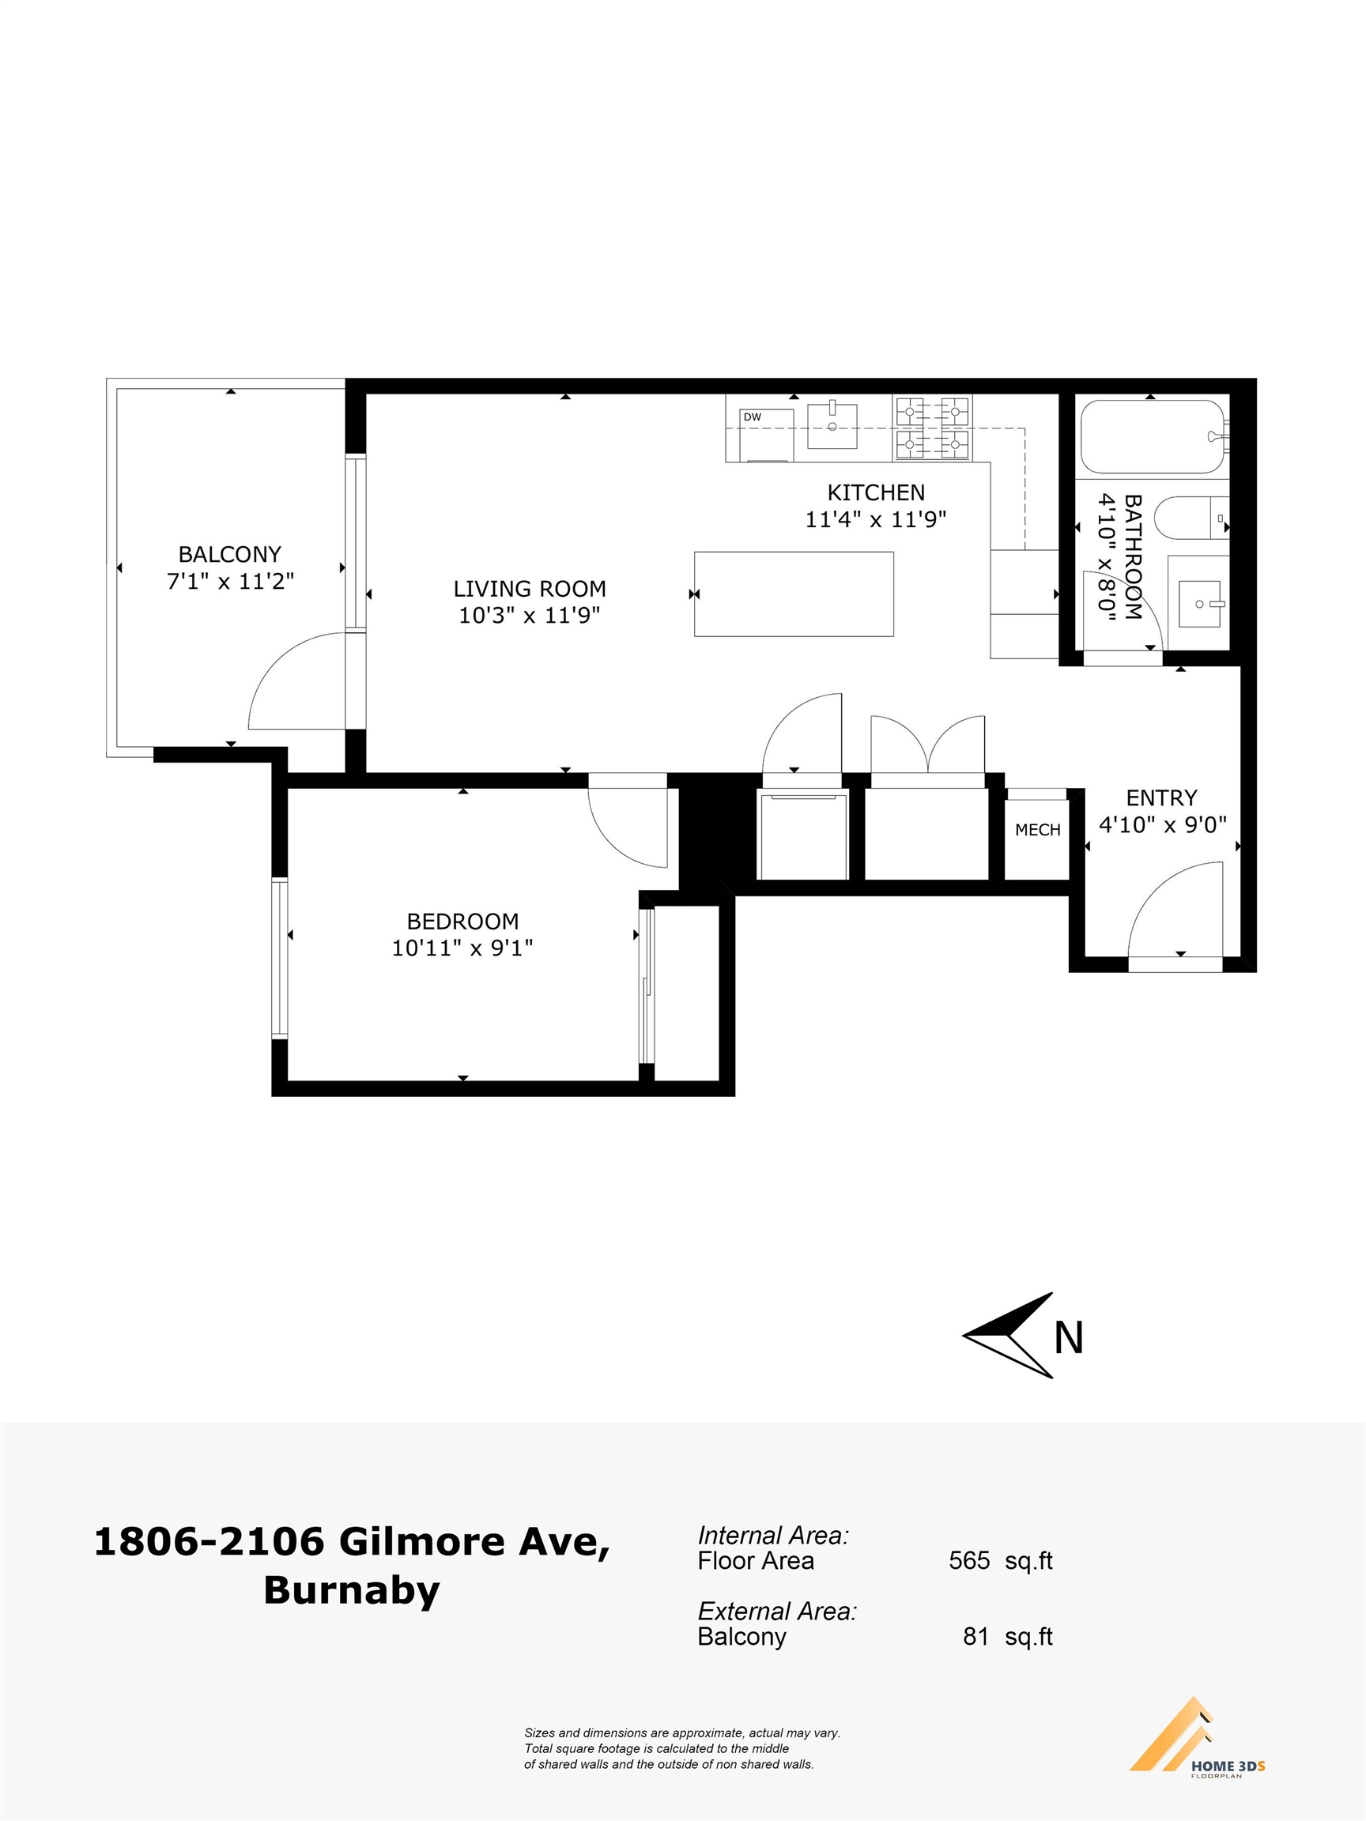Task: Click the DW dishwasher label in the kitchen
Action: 753,417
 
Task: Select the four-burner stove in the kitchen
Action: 932,428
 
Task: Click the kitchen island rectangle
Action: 794,594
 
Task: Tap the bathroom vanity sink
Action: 1200,603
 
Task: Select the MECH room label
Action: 1037,830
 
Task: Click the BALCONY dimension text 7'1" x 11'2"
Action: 231,581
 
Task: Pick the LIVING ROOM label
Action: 530,589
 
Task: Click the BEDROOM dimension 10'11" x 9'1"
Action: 462,948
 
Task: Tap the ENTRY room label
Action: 1161,797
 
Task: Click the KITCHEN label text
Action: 876,492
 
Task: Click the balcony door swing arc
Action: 277,658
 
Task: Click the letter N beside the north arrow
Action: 1068,1339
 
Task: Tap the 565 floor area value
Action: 969,1560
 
